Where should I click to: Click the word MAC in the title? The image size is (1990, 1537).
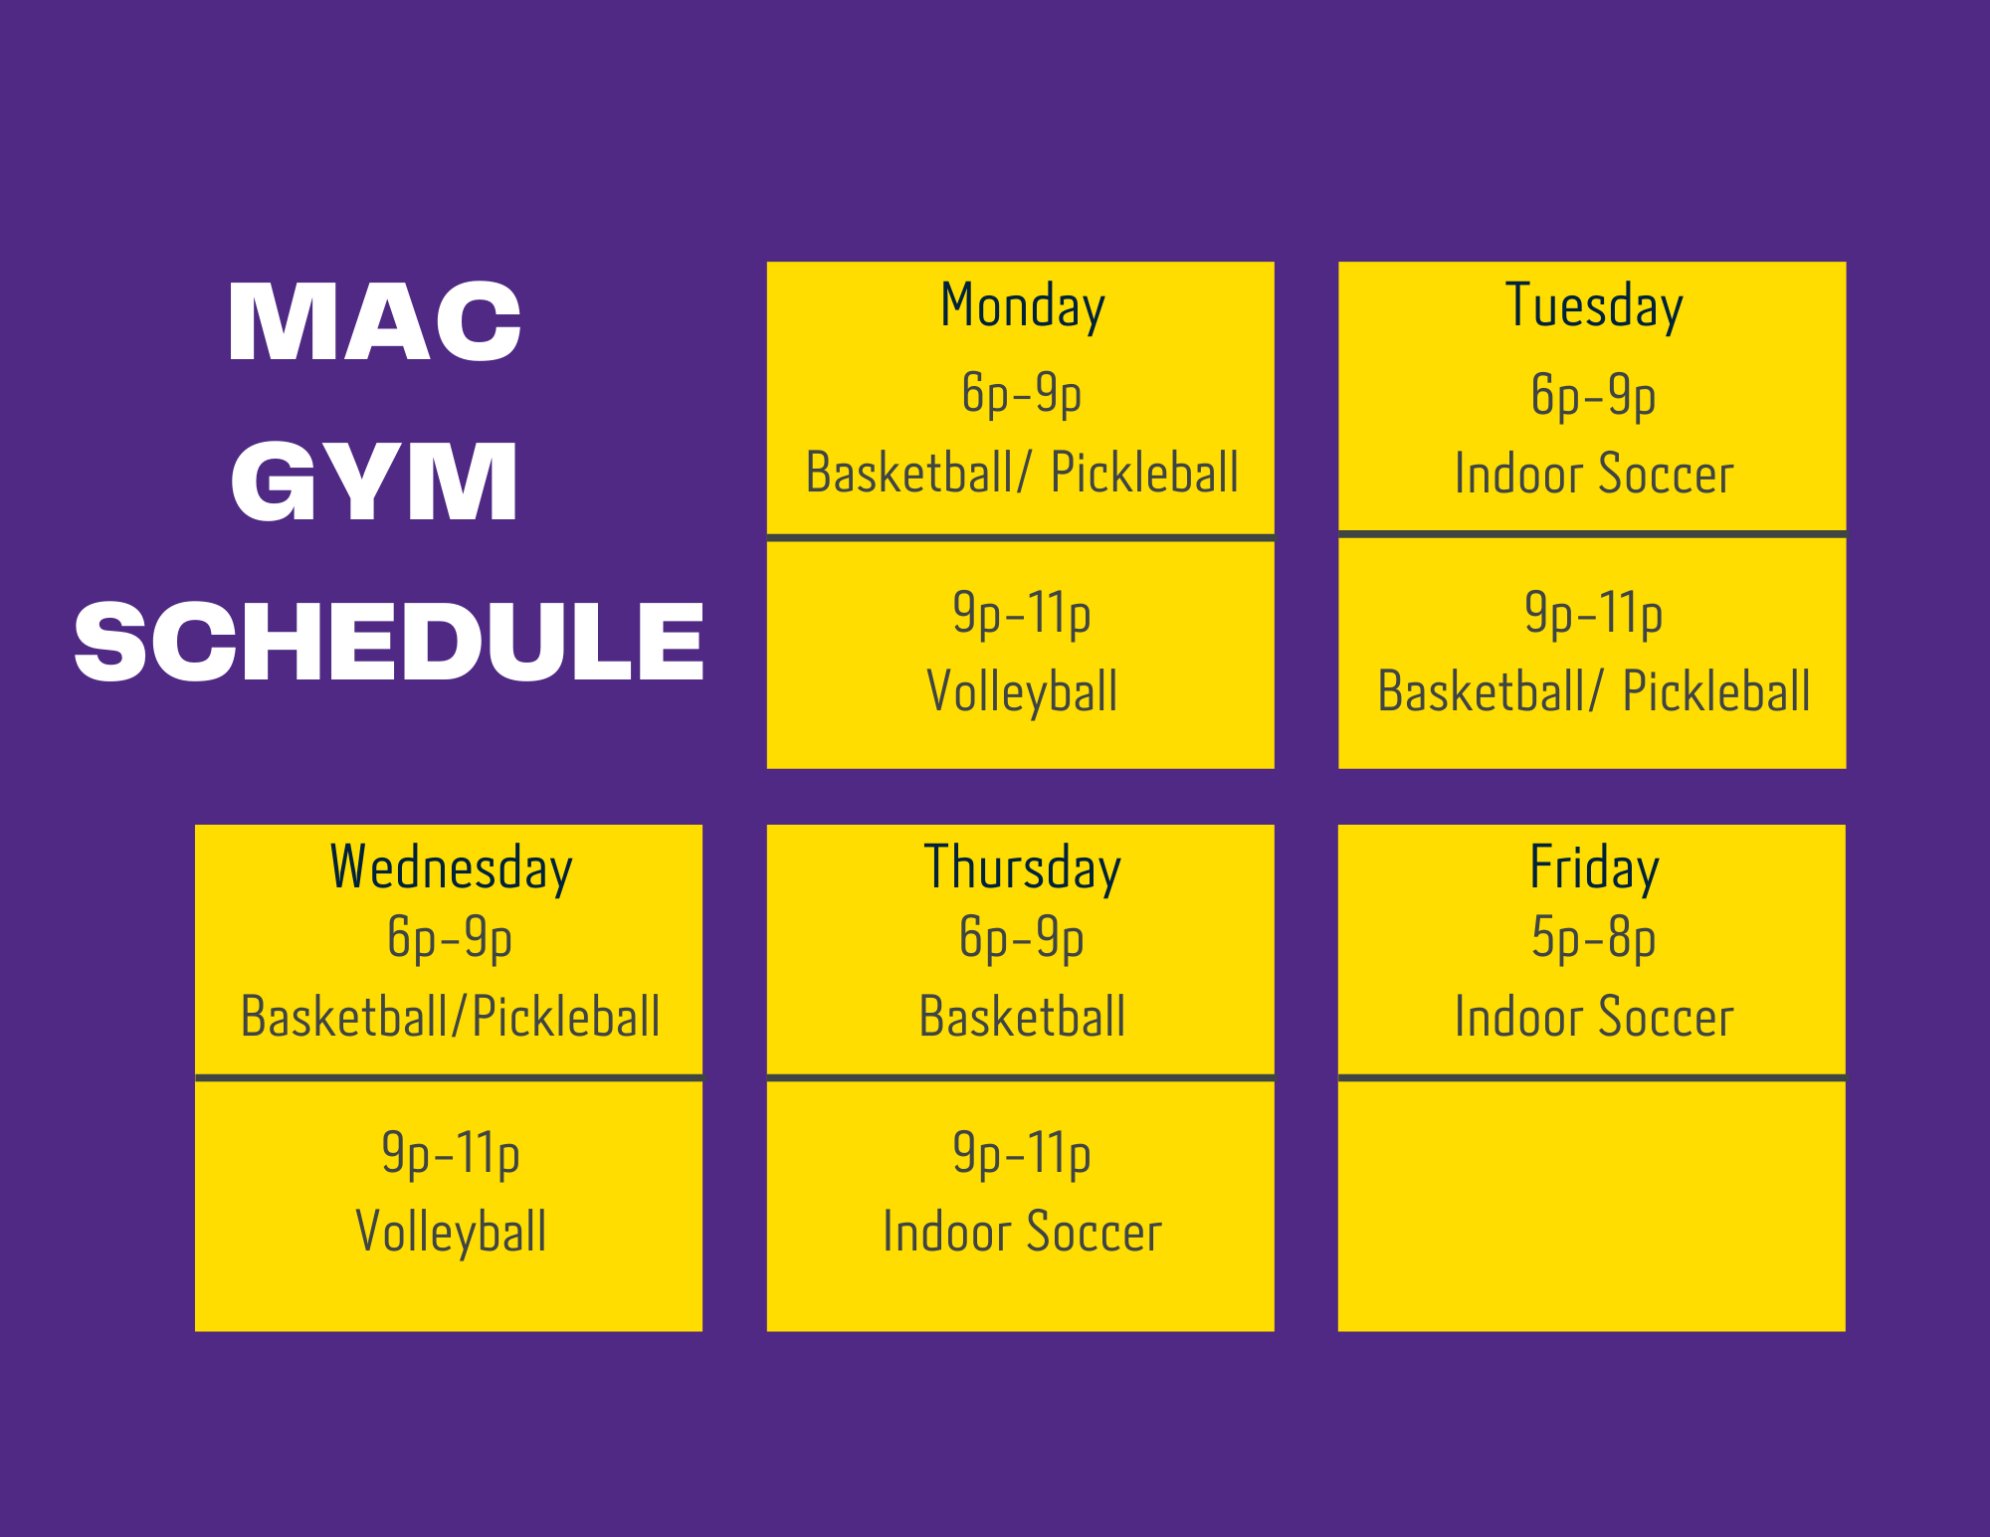point(374,320)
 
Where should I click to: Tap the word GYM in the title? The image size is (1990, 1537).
point(374,481)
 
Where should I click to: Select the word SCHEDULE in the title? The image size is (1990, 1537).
point(389,641)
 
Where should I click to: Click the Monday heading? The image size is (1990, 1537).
point(1023,306)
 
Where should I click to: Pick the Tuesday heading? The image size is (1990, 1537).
point(1594,306)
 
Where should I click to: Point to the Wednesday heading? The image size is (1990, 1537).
point(451,867)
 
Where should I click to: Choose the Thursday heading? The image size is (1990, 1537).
point(1023,867)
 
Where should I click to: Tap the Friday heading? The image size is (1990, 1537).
point(1594,867)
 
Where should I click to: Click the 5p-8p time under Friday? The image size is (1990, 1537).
point(1594,939)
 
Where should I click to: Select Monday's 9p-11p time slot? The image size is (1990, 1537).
point(1022,614)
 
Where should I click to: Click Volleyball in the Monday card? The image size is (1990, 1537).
point(1022,691)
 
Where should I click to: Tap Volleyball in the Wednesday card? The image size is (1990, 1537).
point(451,1232)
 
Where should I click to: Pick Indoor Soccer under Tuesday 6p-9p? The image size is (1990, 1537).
point(1594,474)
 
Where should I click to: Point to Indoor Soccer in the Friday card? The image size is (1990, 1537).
point(1594,1017)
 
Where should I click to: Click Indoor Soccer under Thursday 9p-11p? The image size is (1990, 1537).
point(1023,1232)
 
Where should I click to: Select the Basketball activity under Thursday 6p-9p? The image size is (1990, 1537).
point(1023,1017)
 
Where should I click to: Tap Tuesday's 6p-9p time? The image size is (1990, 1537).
point(1594,396)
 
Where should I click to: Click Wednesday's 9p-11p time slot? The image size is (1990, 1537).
point(451,1154)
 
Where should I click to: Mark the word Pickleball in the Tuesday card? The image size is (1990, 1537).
point(1716,691)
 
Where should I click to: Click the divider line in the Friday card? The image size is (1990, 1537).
point(1592,1077)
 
